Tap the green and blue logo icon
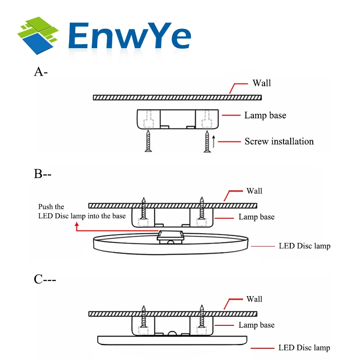click(38, 36)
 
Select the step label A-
click(41, 72)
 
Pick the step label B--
click(42, 174)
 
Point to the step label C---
click(45, 279)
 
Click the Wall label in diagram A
click(261, 83)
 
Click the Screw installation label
click(279, 141)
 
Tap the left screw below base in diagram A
click(148, 141)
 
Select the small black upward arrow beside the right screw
click(213, 141)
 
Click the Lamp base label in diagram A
click(265, 115)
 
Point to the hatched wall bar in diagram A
click(177, 98)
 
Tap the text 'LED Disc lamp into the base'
click(82, 216)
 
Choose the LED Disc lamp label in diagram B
click(305, 246)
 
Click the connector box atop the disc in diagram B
click(171, 237)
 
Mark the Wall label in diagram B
click(254, 191)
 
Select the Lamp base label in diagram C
click(256, 325)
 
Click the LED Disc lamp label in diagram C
click(304, 347)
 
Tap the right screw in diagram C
click(202, 316)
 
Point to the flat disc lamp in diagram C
click(172, 340)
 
